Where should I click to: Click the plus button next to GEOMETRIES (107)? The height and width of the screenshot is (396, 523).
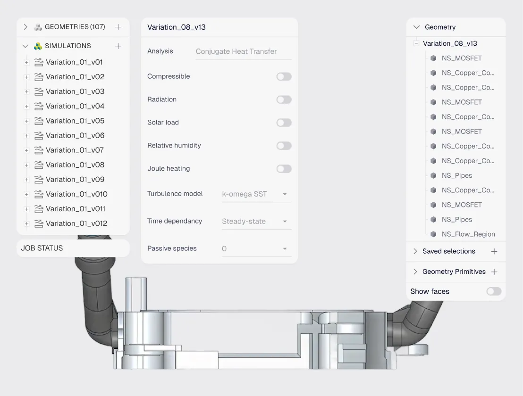pyautogui.click(x=118, y=27)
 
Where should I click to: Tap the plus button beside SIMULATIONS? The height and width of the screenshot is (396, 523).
pyautogui.click(x=118, y=46)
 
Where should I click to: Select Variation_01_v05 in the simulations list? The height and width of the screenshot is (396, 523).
pyautogui.click(x=75, y=121)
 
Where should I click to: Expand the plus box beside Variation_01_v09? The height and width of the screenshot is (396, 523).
pyautogui.click(x=27, y=180)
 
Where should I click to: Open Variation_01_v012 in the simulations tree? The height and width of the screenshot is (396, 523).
pyautogui.click(x=76, y=223)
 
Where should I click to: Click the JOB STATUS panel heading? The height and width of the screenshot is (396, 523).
pyautogui.click(x=42, y=248)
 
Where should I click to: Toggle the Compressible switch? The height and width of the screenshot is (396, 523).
pyautogui.click(x=284, y=76)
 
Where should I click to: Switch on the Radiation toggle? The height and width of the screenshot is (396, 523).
pyautogui.click(x=284, y=99)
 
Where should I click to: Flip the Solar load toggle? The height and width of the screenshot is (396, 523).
pyautogui.click(x=284, y=123)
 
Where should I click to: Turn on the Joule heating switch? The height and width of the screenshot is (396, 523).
pyautogui.click(x=284, y=169)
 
